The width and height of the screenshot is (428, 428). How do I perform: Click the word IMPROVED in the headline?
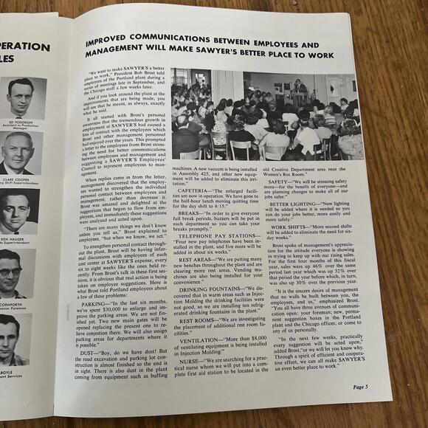(117, 38)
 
